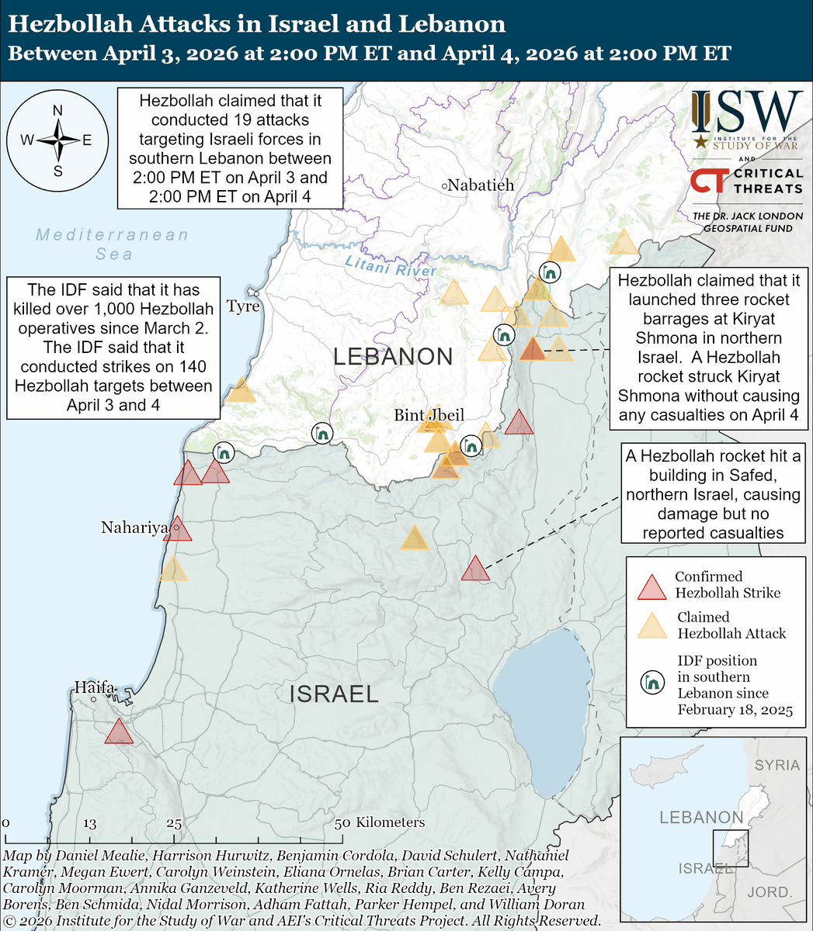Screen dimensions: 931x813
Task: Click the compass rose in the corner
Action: (57, 140)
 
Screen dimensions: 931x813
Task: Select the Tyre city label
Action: (242, 306)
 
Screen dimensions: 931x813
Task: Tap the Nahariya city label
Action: (134, 528)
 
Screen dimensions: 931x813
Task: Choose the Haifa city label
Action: (94, 687)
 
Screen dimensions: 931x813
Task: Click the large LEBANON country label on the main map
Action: (393, 357)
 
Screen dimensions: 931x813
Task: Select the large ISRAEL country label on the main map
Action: (334, 694)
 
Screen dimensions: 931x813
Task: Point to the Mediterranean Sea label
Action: (113, 244)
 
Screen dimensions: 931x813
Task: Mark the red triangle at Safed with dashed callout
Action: (475, 569)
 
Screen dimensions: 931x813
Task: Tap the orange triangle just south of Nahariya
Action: (173, 570)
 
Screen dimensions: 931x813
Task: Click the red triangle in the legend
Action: (651, 588)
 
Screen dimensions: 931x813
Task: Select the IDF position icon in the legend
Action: (651, 682)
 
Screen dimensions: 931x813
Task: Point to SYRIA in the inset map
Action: (777, 765)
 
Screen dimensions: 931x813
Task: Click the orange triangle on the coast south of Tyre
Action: (241, 390)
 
